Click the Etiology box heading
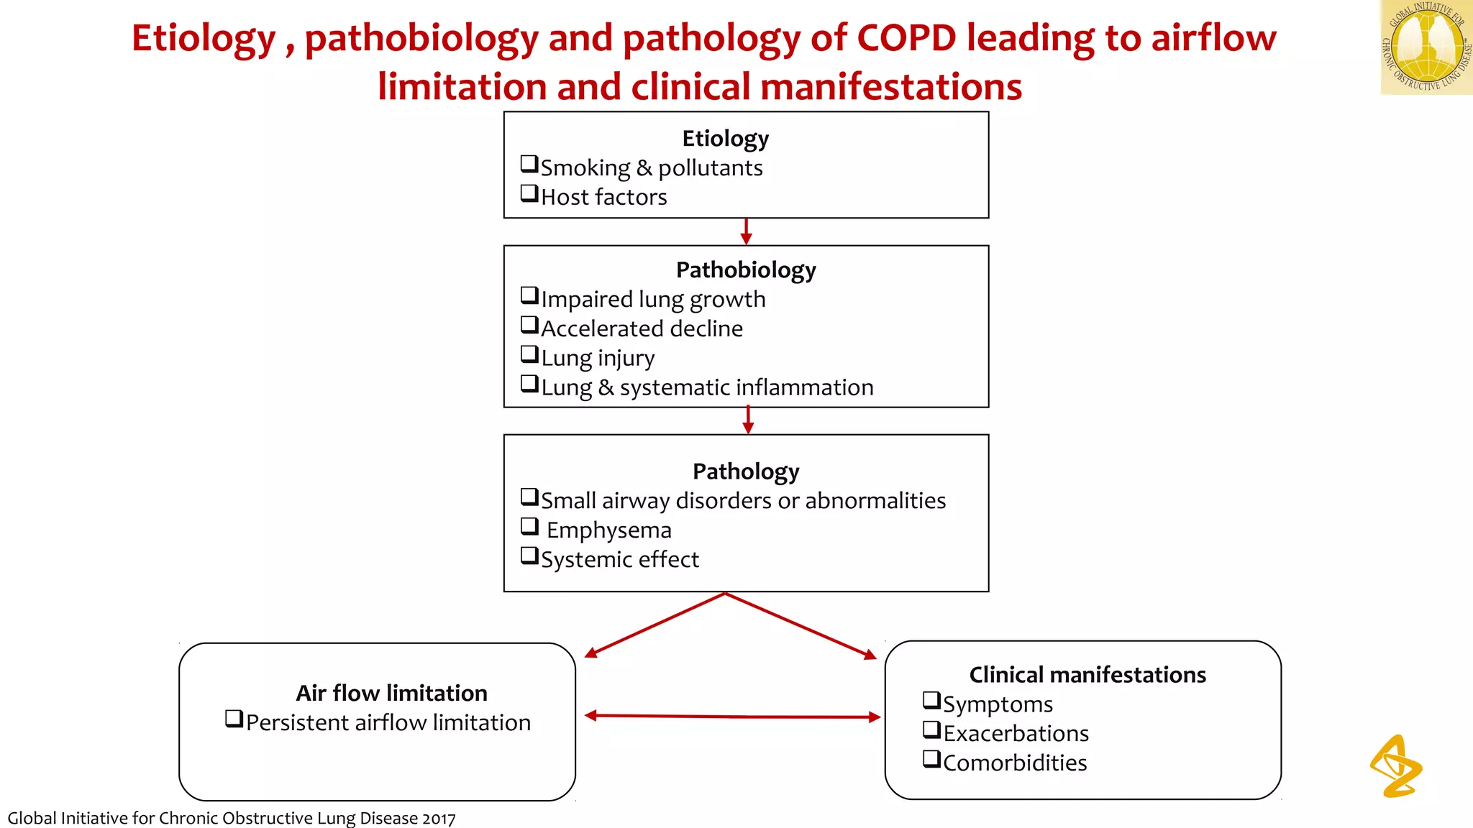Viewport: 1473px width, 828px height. tap(725, 138)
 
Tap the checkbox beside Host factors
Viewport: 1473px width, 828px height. tap(529, 193)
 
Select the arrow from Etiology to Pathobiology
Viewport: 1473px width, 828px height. tap(746, 231)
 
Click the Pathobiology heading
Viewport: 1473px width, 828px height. tap(746, 270)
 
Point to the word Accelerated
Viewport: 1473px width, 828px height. tap(602, 328)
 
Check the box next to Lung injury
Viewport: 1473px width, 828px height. tap(529, 354)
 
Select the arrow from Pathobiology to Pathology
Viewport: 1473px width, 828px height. tap(748, 420)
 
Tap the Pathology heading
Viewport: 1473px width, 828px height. tap(746, 471)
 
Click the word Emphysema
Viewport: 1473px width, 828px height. tap(608, 530)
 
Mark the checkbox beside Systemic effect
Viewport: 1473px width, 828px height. tap(529, 556)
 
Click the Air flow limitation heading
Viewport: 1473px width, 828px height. tap(391, 693)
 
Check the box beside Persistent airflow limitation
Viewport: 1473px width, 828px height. tap(234, 718)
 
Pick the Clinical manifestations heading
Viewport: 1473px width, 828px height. tap(1087, 675)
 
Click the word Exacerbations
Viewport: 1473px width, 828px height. tap(1016, 734)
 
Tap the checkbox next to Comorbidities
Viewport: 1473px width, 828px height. tap(931, 759)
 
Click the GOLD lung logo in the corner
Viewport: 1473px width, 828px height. tap(1426, 47)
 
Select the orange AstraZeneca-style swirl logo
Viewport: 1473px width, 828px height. tap(1395, 766)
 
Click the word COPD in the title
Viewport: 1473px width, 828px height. tap(906, 38)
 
